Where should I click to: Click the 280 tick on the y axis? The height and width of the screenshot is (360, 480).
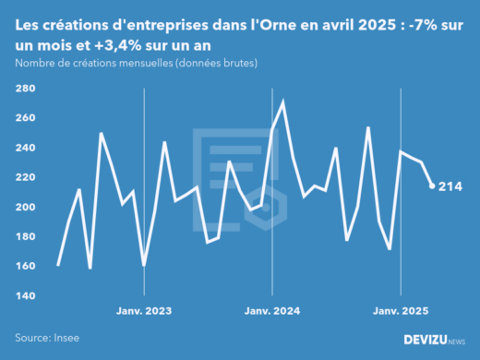click(x=25, y=89)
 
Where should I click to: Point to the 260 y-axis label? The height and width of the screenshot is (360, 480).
click(x=25, y=118)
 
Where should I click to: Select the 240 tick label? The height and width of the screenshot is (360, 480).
click(x=25, y=148)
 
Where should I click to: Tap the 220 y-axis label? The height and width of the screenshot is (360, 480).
click(x=25, y=177)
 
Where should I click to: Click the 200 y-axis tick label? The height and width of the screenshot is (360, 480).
click(x=25, y=207)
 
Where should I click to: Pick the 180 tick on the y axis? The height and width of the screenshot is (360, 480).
click(x=25, y=236)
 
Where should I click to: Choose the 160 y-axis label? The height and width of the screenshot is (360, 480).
click(x=25, y=266)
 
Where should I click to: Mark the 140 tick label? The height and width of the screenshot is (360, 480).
click(x=25, y=295)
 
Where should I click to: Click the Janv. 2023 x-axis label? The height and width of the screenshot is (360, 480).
click(x=144, y=310)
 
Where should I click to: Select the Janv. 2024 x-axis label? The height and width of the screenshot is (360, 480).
click(x=272, y=310)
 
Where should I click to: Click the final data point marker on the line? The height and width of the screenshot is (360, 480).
click(x=432, y=186)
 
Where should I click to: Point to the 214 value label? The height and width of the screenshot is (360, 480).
click(x=450, y=186)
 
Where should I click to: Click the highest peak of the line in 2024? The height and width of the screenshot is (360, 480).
click(x=282, y=101)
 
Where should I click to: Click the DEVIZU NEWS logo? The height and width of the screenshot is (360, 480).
click(x=435, y=340)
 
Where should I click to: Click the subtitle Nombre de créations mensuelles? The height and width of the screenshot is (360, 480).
click(x=136, y=63)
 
